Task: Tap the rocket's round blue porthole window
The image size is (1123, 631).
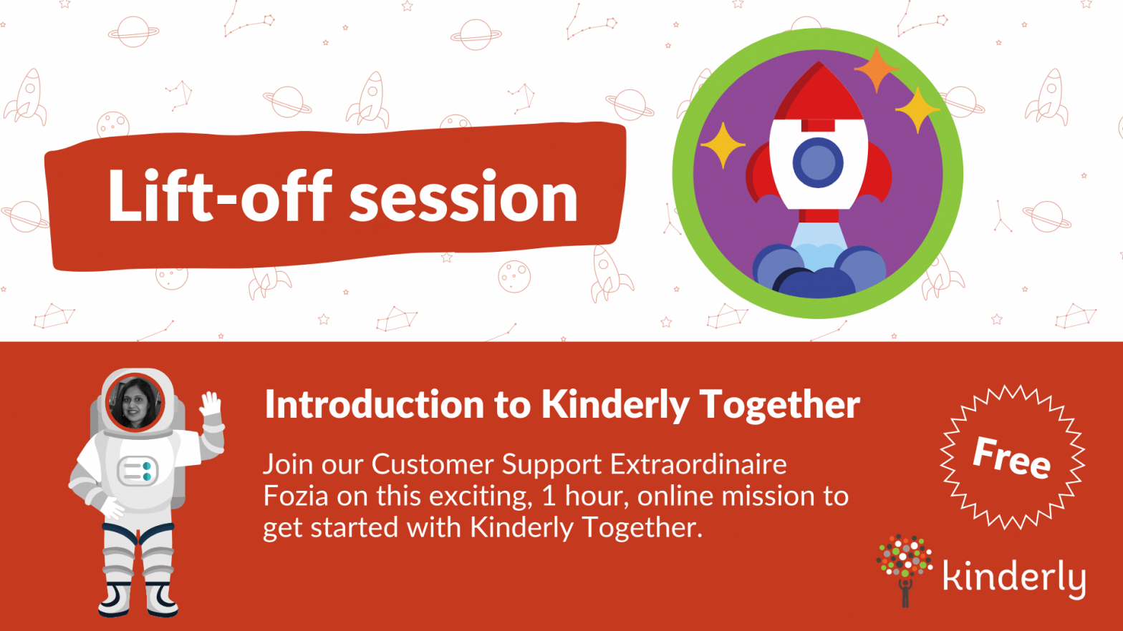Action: tap(818, 162)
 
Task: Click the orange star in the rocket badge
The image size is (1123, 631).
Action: tap(875, 69)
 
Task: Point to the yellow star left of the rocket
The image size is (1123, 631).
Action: tap(722, 145)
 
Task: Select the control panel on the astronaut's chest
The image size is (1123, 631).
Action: tap(138, 471)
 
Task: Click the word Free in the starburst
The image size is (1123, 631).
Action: tap(1011, 457)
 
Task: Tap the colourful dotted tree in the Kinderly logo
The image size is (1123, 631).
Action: tap(905, 558)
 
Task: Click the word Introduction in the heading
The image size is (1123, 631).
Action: tap(375, 405)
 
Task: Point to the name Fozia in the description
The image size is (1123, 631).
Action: tap(296, 496)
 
